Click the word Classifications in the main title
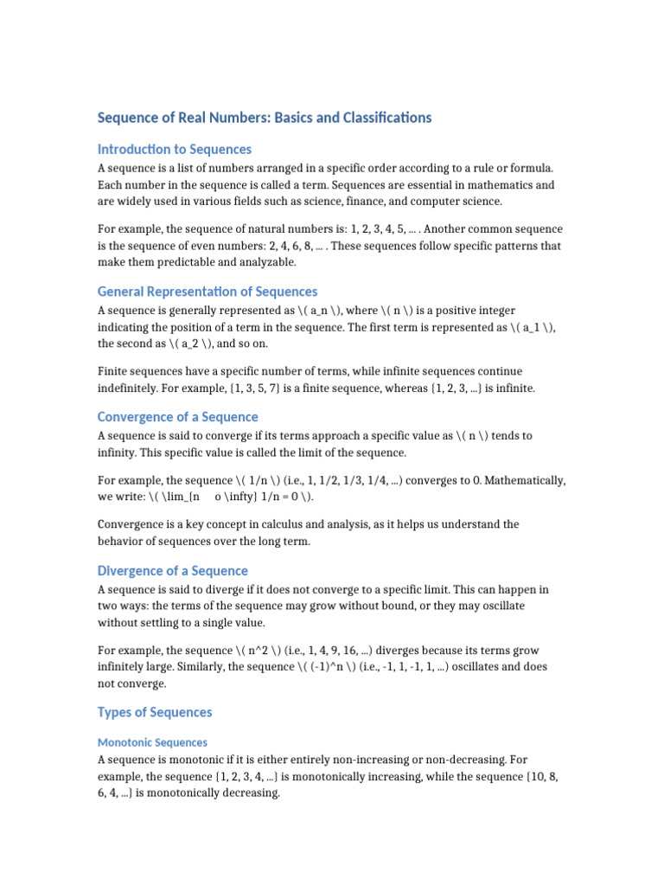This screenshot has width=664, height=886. (x=381, y=117)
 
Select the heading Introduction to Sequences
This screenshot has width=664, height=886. (x=175, y=149)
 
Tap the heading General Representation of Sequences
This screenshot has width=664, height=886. (x=207, y=292)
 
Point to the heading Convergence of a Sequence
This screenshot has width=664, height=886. (x=177, y=416)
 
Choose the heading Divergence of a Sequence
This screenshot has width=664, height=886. (x=172, y=570)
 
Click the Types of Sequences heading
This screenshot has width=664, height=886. (x=155, y=712)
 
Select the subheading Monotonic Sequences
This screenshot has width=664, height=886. (x=152, y=742)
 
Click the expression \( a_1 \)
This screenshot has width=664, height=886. (x=541, y=326)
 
